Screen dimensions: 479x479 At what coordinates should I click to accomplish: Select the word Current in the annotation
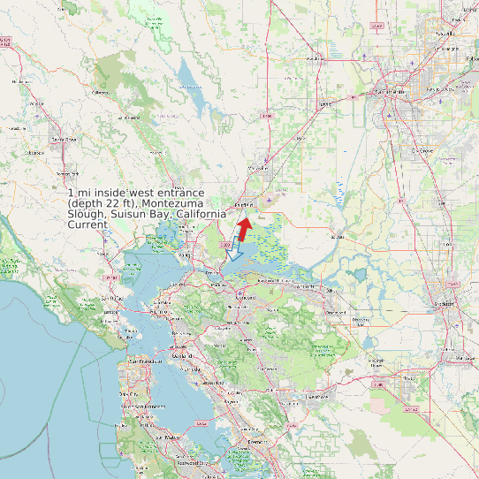click(x=87, y=224)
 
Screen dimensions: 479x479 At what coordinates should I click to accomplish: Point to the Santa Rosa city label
click(x=63, y=140)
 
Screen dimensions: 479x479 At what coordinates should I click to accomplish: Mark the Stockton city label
click(x=443, y=303)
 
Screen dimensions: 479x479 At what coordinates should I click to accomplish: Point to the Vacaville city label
click(x=258, y=167)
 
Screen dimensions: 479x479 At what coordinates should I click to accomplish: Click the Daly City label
click(x=133, y=392)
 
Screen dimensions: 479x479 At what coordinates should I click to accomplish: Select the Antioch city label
click(x=307, y=286)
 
